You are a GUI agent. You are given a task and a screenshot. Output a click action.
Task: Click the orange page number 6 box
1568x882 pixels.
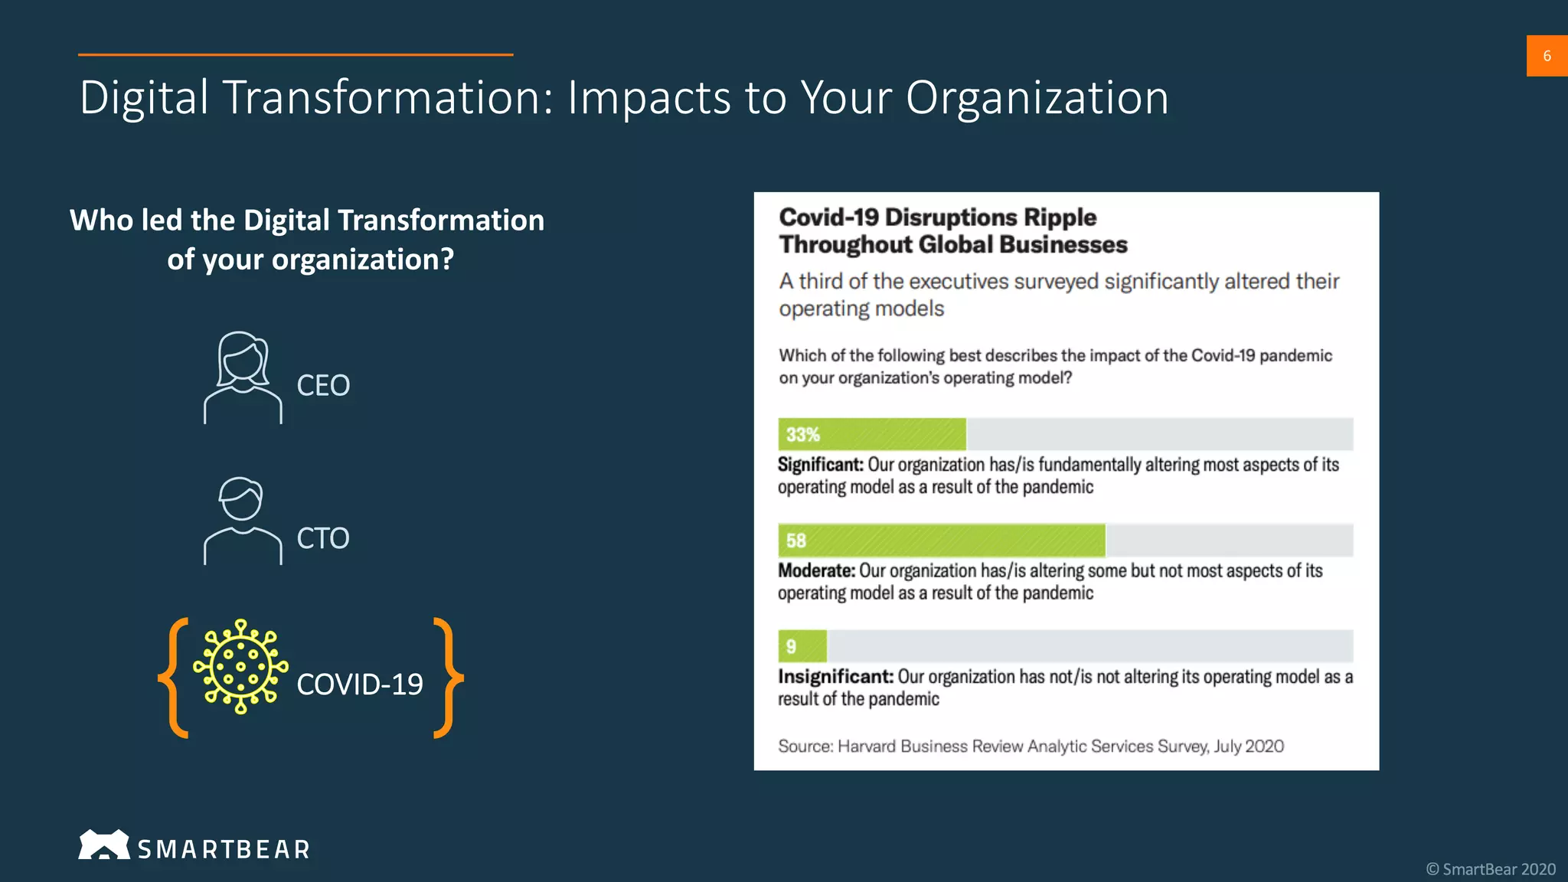(1547, 56)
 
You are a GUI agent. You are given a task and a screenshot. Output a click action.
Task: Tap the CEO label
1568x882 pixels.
(323, 385)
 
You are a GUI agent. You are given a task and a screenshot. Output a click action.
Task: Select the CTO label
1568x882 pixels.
(323, 538)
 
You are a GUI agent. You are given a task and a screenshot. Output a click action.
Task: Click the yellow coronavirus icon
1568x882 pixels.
(240, 667)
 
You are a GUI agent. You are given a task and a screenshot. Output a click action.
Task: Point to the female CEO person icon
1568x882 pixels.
(243, 377)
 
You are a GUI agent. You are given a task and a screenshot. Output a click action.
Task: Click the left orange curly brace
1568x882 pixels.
(175, 678)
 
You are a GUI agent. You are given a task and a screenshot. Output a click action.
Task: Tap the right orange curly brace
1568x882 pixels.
(448, 678)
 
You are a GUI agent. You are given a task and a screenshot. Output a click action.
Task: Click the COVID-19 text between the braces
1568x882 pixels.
(359, 684)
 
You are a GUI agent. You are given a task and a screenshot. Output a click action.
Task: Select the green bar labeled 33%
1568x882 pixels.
(872, 434)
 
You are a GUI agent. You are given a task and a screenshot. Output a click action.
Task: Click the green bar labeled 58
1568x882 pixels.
(941, 541)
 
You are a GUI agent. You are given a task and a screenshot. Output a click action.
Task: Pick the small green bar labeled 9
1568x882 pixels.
(802, 646)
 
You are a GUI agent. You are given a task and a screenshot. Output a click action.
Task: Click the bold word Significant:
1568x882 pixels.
(820, 465)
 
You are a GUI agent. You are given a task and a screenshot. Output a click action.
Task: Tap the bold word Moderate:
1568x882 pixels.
(816, 570)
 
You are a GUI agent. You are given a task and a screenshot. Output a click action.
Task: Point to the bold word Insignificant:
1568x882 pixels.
(835, 677)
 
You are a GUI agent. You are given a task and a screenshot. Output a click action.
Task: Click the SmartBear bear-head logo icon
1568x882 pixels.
(103, 845)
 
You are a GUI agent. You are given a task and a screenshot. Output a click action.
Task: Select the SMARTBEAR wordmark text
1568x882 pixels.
(224, 849)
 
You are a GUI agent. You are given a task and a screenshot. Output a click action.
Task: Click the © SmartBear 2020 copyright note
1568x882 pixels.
(1490, 869)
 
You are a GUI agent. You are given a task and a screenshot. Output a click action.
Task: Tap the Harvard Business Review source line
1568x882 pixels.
(1030, 746)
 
